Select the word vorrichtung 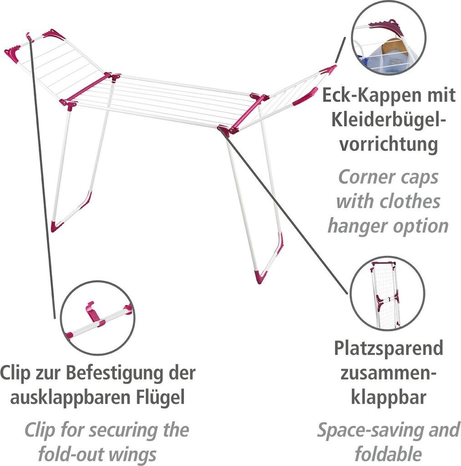[x=389, y=145]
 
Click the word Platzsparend [x=388, y=349]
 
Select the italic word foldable [x=388, y=454]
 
